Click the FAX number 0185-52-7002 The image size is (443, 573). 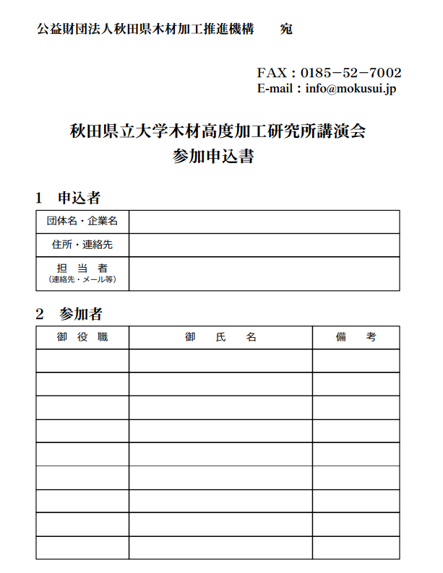pos(350,73)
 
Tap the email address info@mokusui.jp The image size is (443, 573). pos(350,89)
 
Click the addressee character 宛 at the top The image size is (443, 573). pos(286,29)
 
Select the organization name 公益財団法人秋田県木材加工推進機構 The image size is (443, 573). pos(145,29)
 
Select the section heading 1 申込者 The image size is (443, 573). pos(68,197)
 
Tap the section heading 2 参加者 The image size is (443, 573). pos(69,314)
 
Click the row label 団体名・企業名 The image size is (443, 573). pos(82,222)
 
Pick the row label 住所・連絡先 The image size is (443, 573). pos(82,245)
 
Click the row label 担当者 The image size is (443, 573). pos(82,268)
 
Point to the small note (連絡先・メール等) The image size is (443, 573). pos(82,279)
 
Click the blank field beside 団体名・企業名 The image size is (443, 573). pos(264,222)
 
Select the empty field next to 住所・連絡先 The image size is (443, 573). pos(264,245)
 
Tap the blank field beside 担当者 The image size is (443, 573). pos(264,274)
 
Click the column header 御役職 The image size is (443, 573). pos(82,337)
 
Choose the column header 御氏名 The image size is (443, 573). pos(220,337)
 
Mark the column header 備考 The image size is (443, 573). pos(356,337)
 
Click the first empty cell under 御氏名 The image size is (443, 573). pos(220,361)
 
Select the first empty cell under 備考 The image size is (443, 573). pos(356,361)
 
